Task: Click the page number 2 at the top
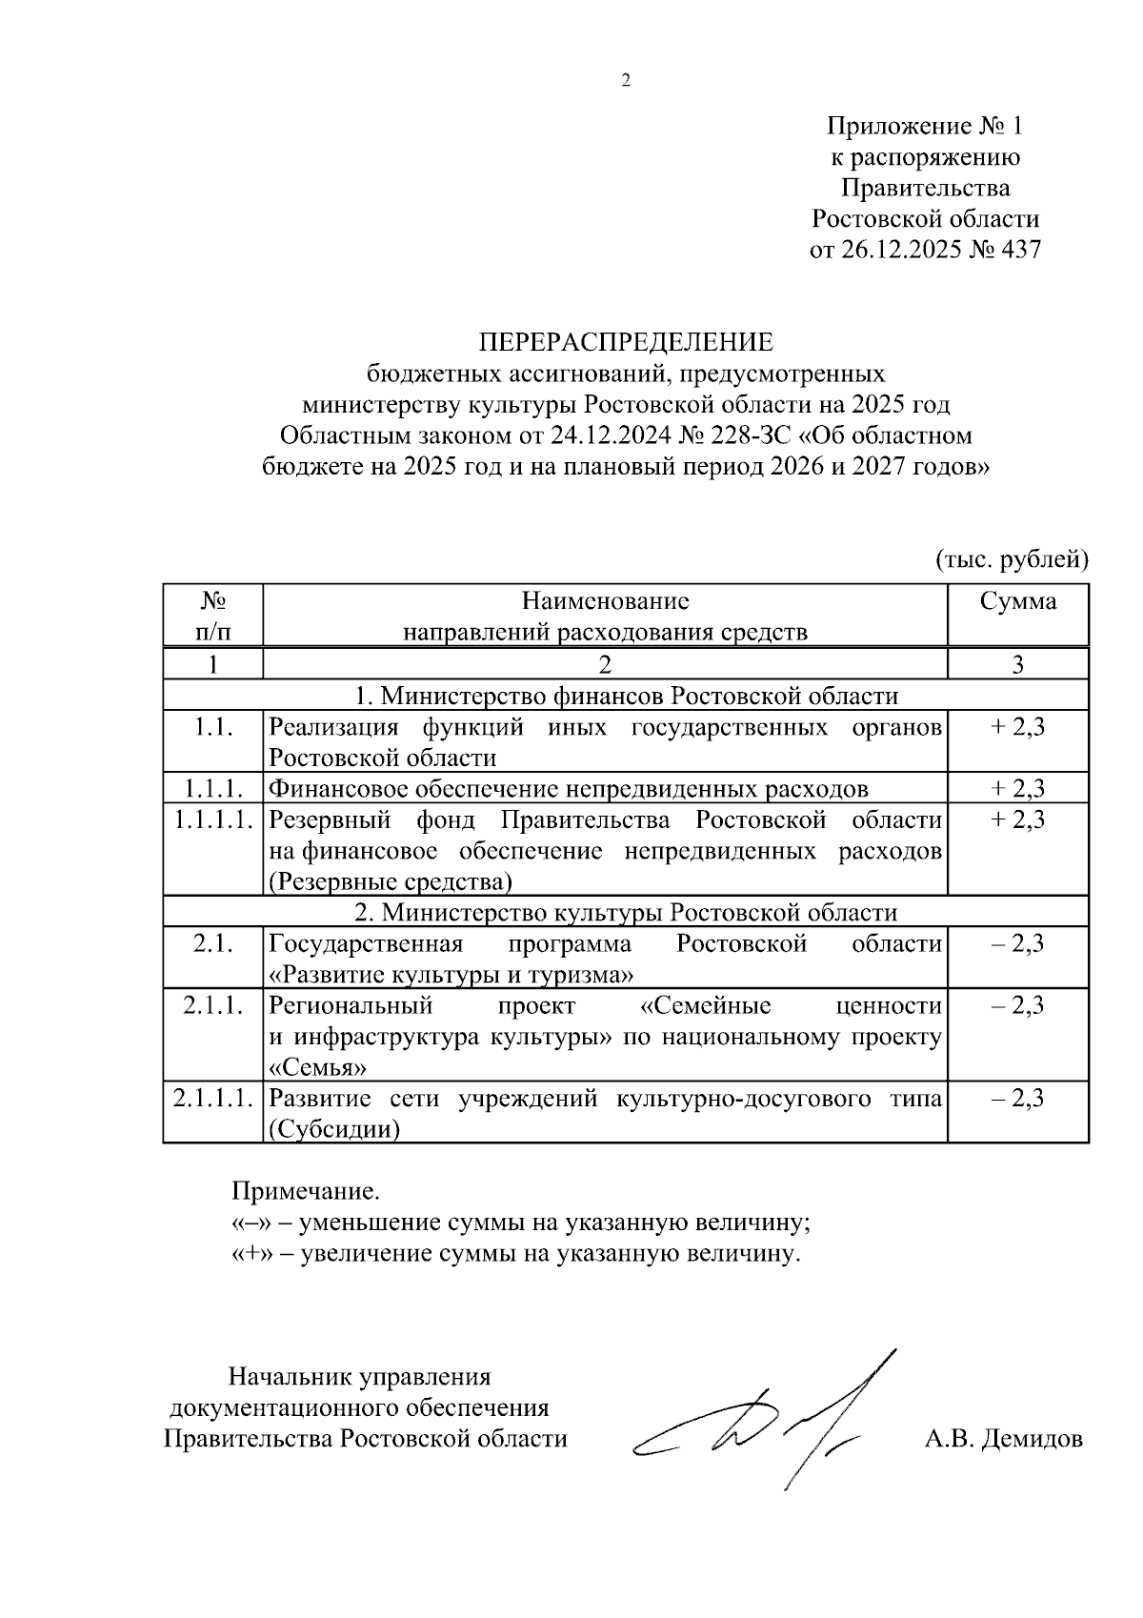(x=626, y=81)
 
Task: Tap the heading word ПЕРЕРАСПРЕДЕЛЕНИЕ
(x=626, y=342)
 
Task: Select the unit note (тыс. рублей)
(x=1011, y=558)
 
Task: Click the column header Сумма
(x=1018, y=601)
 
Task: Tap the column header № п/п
(x=212, y=616)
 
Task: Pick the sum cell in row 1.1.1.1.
(x=1018, y=819)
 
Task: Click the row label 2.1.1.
(x=212, y=1005)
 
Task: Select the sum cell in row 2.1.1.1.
(x=1018, y=1098)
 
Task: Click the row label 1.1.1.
(x=212, y=789)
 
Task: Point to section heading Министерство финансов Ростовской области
(x=626, y=696)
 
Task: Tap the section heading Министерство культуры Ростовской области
(x=626, y=912)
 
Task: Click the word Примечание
(x=306, y=1191)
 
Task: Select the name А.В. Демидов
(x=1003, y=1439)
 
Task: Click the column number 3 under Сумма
(x=1018, y=664)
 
